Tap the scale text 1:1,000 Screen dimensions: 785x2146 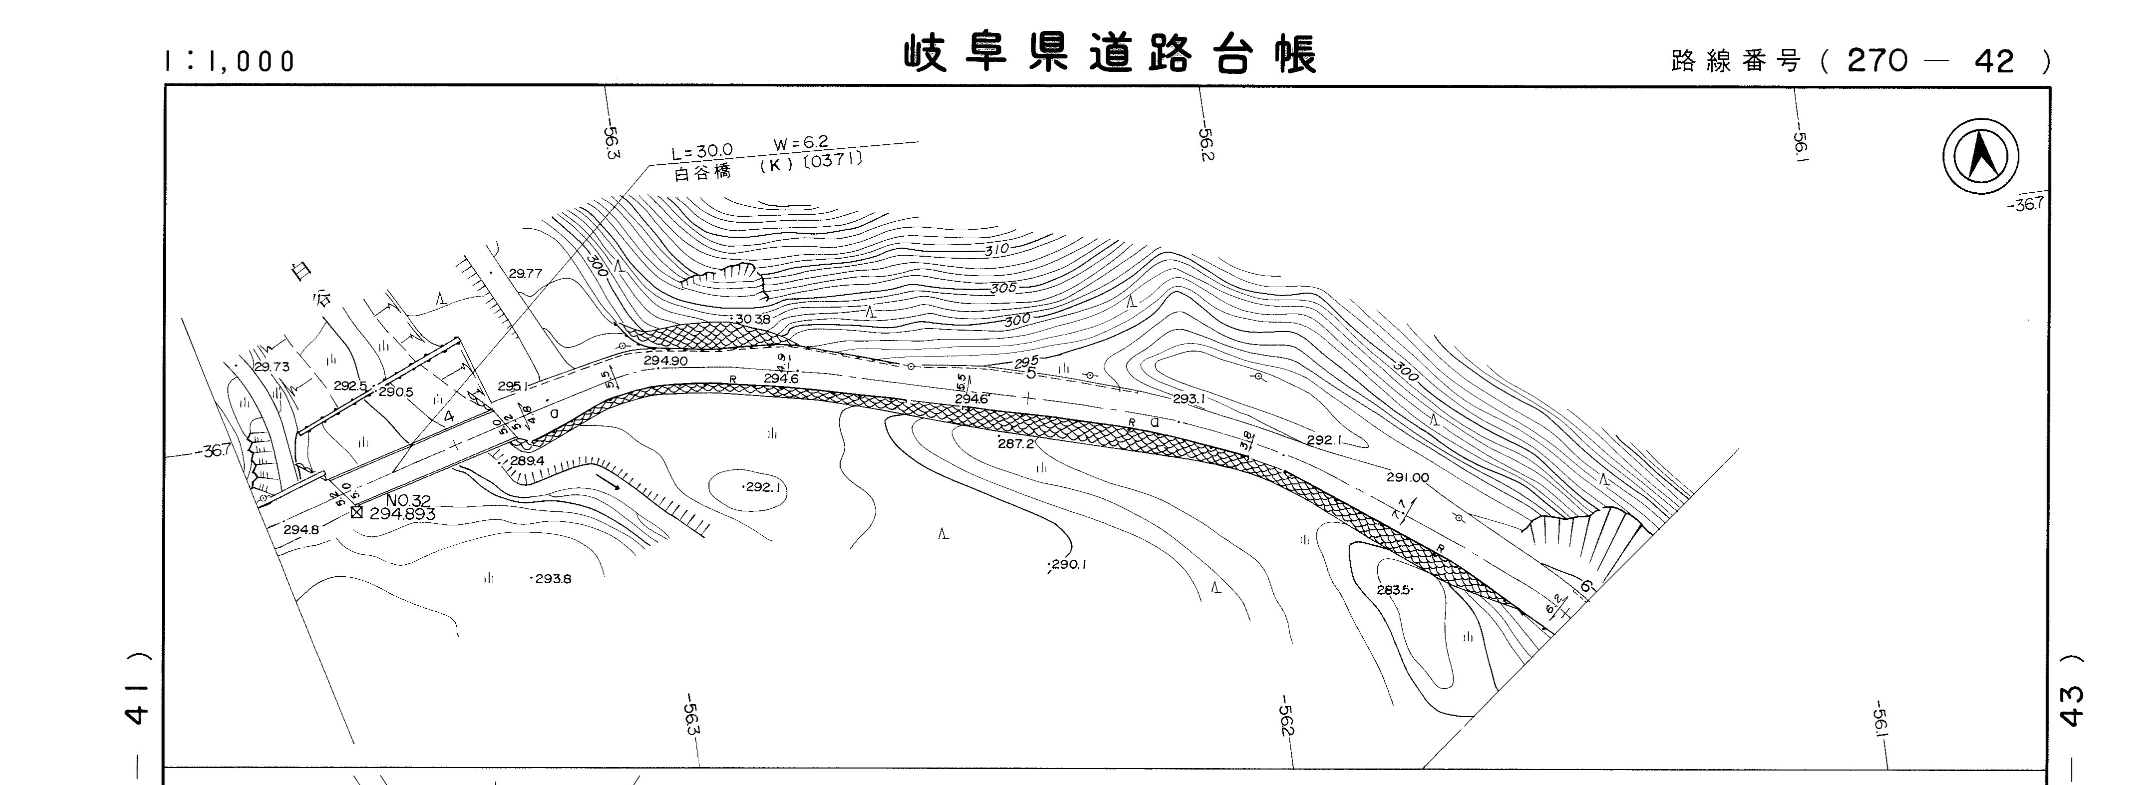tap(230, 61)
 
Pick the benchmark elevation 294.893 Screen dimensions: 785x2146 tap(402, 514)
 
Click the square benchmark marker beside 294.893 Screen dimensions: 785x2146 tap(356, 512)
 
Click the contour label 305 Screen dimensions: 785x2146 tap(1004, 288)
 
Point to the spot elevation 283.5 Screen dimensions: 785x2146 tap(1394, 590)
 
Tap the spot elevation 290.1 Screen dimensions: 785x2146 tap(1068, 564)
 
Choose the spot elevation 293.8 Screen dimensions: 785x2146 tap(552, 578)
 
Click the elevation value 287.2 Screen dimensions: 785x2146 tap(1015, 444)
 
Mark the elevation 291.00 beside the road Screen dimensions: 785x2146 tap(1407, 477)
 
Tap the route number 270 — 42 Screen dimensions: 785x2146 tap(1930, 61)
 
